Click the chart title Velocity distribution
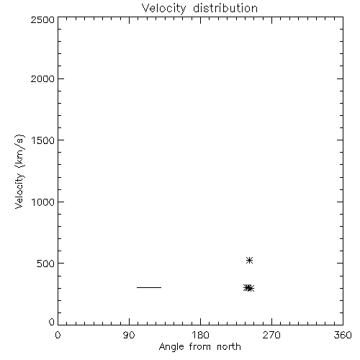click(199, 9)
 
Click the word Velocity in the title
click(163, 9)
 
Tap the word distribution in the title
click(225, 8)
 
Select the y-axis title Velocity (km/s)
click(19, 172)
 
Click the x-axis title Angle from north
click(199, 347)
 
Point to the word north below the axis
click(229, 347)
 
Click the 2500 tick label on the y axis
click(42, 19)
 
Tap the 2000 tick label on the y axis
click(42, 78)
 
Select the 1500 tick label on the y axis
click(43, 140)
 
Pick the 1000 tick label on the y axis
click(43, 202)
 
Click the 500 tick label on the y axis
click(46, 264)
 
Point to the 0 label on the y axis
click(52, 322)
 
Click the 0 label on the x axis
click(58, 335)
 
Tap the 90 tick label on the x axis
click(129, 335)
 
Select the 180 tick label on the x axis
click(200, 335)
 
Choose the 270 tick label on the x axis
click(271, 335)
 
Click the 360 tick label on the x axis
click(343, 335)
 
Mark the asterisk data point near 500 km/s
click(249, 260)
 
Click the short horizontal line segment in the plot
click(149, 287)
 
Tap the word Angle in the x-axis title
click(171, 347)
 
